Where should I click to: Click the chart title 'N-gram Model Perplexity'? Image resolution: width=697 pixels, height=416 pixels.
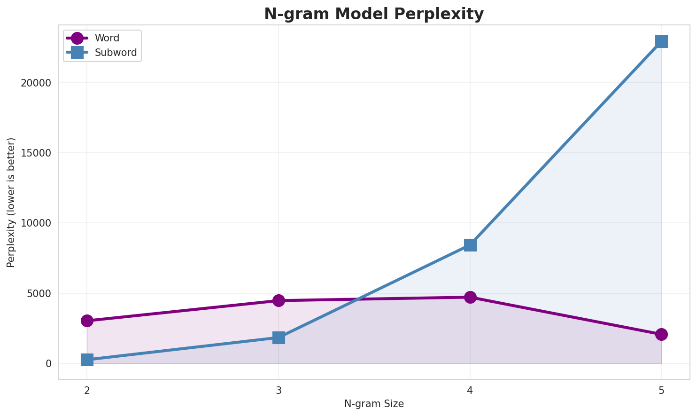(373, 14)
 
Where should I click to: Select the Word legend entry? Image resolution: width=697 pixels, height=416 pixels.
(107, 38)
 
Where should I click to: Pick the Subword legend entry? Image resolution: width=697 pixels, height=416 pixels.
(116, 53)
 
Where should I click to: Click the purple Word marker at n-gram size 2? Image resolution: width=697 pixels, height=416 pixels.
(87, 321)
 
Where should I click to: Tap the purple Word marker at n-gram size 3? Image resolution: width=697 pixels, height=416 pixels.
(279, 300)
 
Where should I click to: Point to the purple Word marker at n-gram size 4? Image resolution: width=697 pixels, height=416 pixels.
(470, 297)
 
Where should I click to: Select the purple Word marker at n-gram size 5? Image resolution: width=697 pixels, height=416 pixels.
(661, 334)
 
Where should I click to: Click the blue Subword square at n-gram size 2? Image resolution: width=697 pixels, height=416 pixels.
(87, 360)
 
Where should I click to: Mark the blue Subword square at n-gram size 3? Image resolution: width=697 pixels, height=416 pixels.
(279, 338)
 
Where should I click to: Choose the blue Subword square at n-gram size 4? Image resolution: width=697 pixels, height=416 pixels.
(470, 245)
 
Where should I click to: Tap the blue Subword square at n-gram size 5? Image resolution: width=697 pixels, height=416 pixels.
(661, 41)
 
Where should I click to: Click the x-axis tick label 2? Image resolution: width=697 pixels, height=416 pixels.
(87, 390)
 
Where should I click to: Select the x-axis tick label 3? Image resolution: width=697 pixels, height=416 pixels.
(279, 390)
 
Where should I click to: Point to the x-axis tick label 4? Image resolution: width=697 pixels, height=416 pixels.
(470, 390)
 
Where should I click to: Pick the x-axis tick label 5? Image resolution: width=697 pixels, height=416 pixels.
(661, 390)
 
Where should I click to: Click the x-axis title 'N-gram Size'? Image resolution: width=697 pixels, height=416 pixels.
(374, 404)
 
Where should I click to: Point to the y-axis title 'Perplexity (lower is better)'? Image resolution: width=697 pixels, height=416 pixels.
(11, 203)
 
